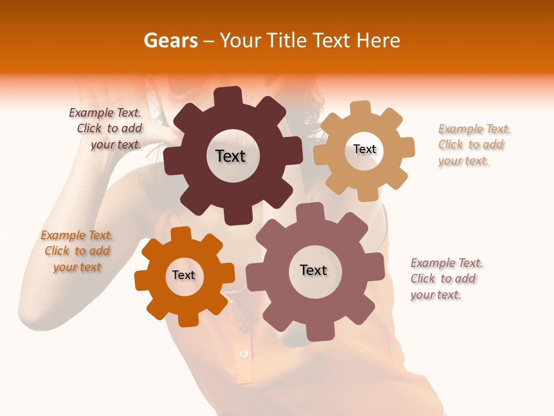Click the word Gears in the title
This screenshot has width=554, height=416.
coord(170,40)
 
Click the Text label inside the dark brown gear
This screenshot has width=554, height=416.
coord(230,156)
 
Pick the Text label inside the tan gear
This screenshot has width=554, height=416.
coord(365,149)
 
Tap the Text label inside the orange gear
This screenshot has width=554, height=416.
coord(184,275)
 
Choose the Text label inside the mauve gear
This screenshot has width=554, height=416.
coord(313,270)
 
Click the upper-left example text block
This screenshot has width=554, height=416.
coord(106,129)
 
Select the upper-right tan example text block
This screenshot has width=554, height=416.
coord(473,144)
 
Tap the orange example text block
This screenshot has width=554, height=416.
coord(77,251)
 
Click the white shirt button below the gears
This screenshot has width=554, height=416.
coord(245,352)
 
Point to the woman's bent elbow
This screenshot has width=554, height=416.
coord(35,315)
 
